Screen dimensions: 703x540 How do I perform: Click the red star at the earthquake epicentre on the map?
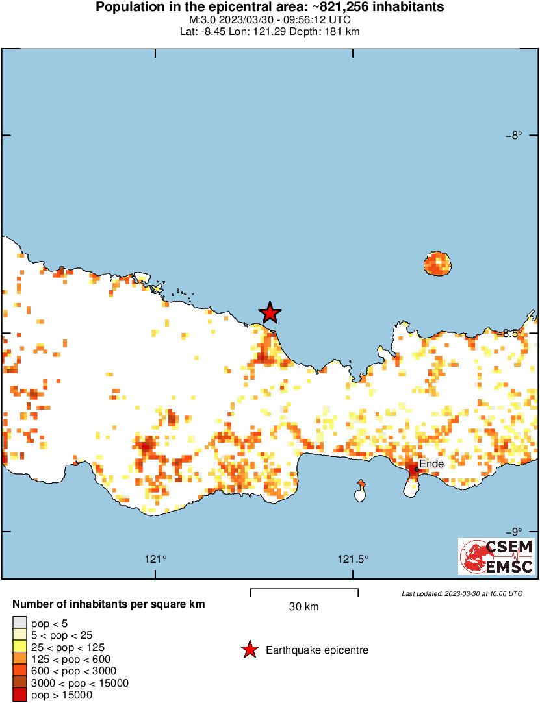coord(270,313)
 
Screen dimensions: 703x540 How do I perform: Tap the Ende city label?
coord(431,464)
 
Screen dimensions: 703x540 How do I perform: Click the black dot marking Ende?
coord(417,469)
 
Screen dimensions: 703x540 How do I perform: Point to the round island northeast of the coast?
coord(437,264)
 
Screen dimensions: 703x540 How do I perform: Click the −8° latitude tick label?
coord(514,136)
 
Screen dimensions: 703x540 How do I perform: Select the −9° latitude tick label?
coord(514,531)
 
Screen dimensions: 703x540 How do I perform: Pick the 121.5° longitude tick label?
coord(354,559)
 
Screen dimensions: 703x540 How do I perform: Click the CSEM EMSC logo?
coord(496,556)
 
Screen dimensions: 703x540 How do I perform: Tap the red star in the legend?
coord(249,650)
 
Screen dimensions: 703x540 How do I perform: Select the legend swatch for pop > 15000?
coord(20,695)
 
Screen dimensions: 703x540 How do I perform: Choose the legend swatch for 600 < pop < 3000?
coord(20,671)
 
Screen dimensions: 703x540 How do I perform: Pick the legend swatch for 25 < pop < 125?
coord(20,647)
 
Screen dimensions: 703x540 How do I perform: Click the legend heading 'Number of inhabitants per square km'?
coord(109,604)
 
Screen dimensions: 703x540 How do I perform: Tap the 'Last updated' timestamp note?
coord(461,593)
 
